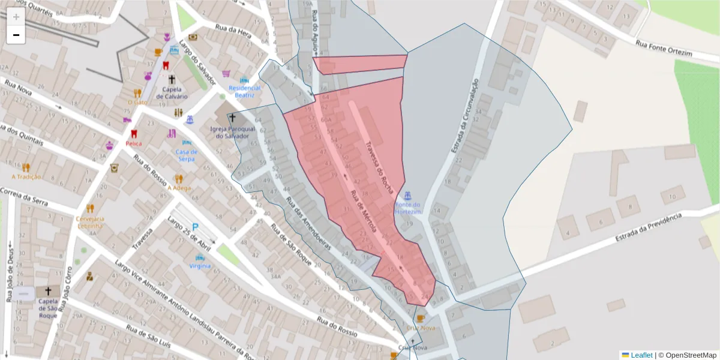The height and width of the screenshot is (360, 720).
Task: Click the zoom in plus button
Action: pyautogui.click(x=16, y=17)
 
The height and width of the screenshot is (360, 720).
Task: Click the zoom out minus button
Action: pyautogui.click(x=16, y=35)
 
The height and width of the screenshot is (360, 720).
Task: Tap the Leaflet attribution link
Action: pyautogui.click(x=641, y=355)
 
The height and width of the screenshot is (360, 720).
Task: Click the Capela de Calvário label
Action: pyautogui.click(x=172, y=93)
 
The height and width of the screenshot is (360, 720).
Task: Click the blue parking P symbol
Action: pyautogui.click(x=196, y=228)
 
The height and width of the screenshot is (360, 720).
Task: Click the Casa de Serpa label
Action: pyautogui.click(x=187, y=155)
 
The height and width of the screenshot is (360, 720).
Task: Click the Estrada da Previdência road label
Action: pyautogui.click(x=649, y=227)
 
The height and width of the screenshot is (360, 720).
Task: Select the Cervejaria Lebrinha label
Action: pyautogui.click(x=90, y=222)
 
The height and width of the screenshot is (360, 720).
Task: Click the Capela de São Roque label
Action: pyautogui.click(x=47, y=308)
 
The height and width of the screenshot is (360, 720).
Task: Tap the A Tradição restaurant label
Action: pyautogui.click(x=26, y=176)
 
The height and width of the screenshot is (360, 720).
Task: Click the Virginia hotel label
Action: pyautogui.click(x=200, y=266)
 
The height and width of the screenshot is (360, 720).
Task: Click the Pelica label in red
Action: pyautogui.click(x=134, y=144)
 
